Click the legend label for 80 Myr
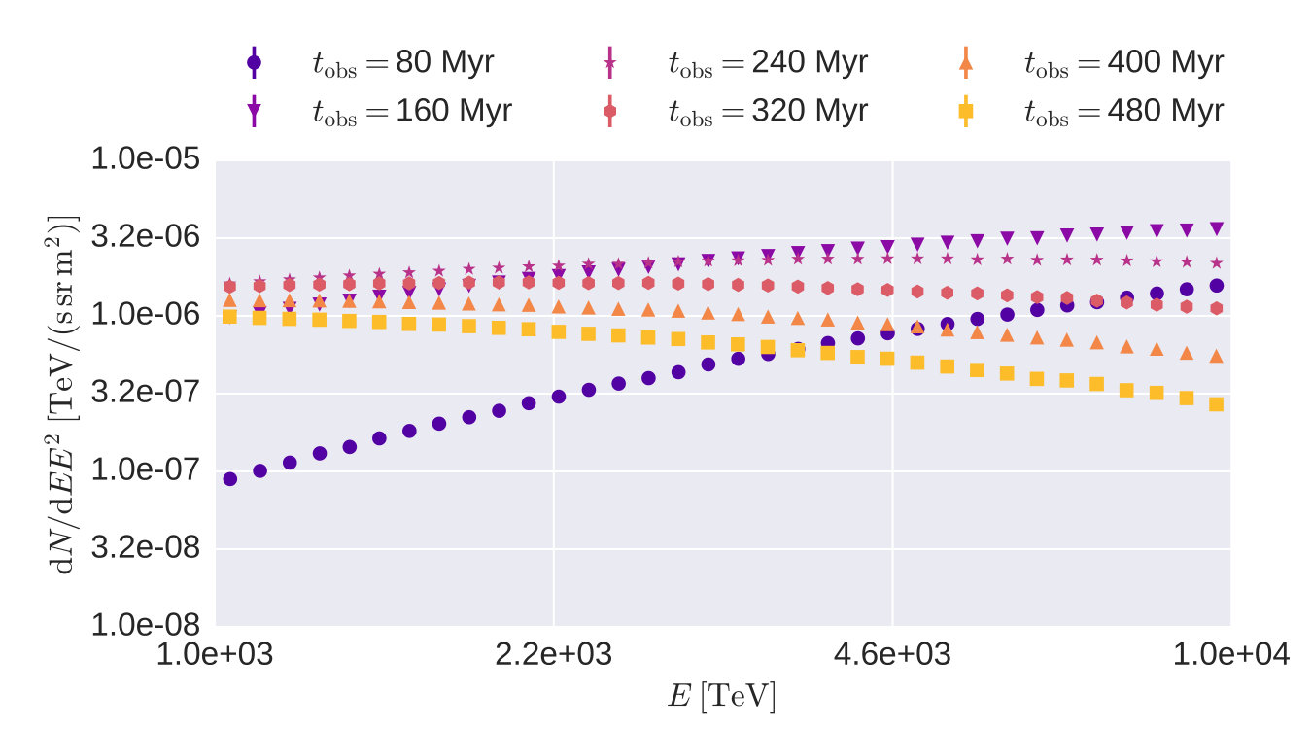pyautogui.click(x=403, y=62)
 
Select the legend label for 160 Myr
pyautogui.click(x=412, y=111)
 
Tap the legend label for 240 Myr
pyautogui.click(x=768, y=62)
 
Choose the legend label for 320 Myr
pyautogui.click(x=768, y=111)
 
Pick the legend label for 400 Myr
pyautogui.click(x=1124, y=62)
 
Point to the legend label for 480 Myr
pyautogui.click(x=1124, y=111)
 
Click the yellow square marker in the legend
pyautogui.click(x=966, y=111)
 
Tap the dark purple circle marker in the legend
pyautogui.click(x=254, y=62)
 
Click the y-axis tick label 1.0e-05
pyautogui.click(x=145, y=158)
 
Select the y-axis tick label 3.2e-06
pyautogui.click(x=145, y=237)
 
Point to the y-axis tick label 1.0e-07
pyautogui.click(x=145, y=469)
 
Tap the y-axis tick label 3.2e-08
pyautogui.click(x=145, y=547)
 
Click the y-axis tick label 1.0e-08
pyautogui.click(x=145, y=625)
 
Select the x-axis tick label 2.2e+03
pyautogui.click(x=554, y=654)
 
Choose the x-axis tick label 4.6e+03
pyautogui.click(x=892, y=654)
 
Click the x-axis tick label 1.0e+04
pyautogui.click(x=1230, y=654)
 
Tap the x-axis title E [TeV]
pyautogui.click(x=722, y=696)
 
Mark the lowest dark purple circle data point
pyautogui.click(x=230, y=479)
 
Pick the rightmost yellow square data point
pyautogui.click(x=1217, y=404)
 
